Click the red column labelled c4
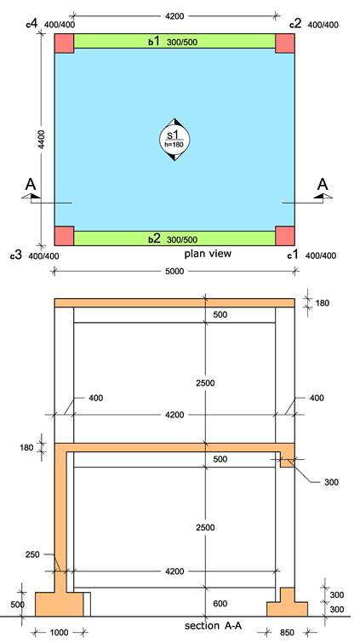(x=65, y=43)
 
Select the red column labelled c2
(x=285, y=43)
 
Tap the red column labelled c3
(x=65, y=236)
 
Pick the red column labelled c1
(x=285, y=236)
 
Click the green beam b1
(x=174, y=42)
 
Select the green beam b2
(x=174, y=238)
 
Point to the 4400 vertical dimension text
(x=43, y=140)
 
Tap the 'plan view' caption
(x=208, y=254)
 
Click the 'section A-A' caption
(x=213, y=626)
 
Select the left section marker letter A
(x=31, y=185)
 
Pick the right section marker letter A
(x=323, y=185)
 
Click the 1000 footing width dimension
(x=59, y=633)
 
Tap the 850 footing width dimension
(x=286, y=633)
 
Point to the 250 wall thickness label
(x=32, y=554)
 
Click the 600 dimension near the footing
(x=220, y=604)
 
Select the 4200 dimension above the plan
(x=174, y=16)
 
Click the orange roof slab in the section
(x=174, y=302)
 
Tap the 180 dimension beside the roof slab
(x=323, y=303)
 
